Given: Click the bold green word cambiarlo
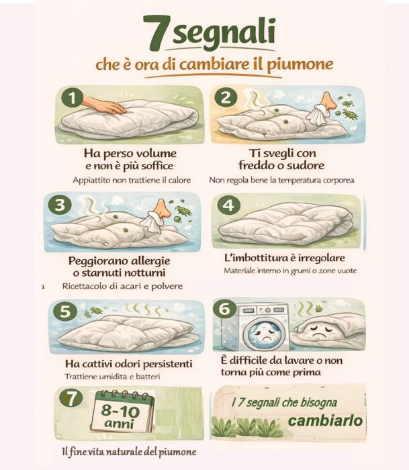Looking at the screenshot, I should point(326,421).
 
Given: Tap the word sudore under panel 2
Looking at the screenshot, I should point(306,165).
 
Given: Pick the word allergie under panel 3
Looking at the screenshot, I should point(147,260).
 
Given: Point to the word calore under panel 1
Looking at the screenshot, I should point(177,180).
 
